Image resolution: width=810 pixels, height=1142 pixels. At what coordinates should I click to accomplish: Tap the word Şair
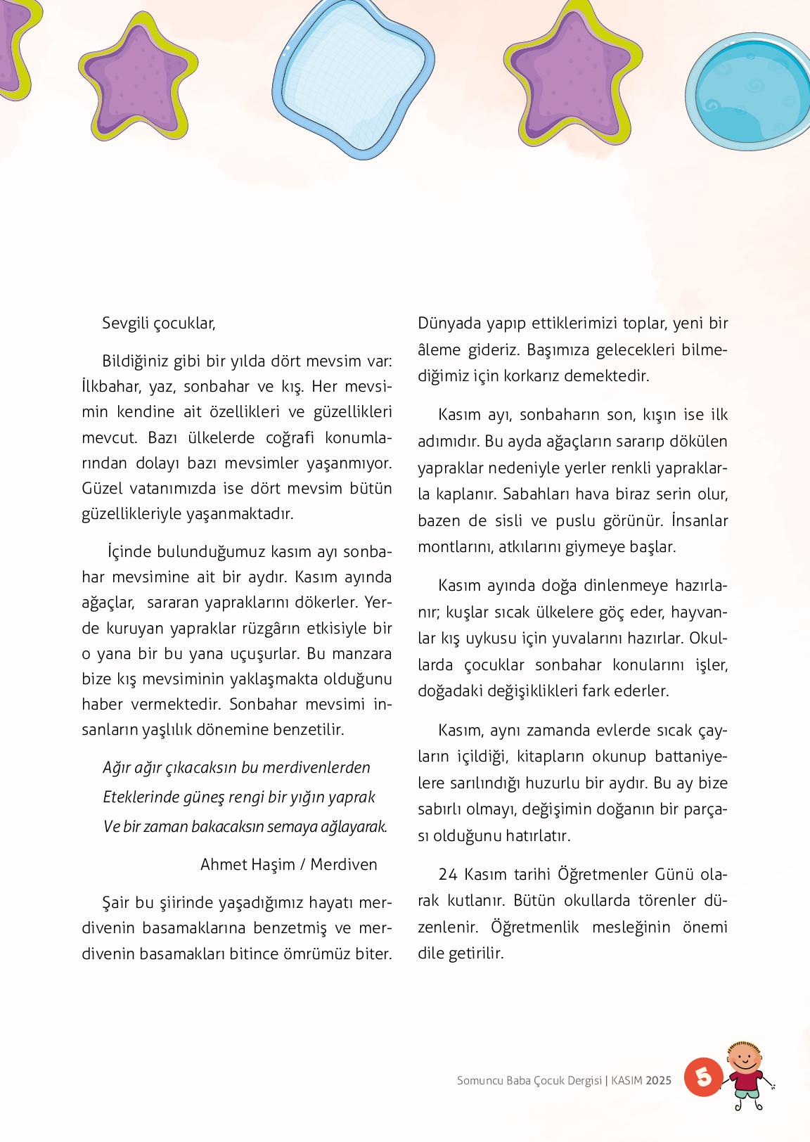(x=117, y=902)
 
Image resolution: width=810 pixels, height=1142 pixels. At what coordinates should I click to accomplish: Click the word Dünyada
(x=450, y=323)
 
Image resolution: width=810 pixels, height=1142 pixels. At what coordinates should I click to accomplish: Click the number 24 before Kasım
(x=447, y=874)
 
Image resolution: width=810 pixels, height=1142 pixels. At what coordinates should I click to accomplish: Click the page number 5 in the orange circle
(x=703, y=1076)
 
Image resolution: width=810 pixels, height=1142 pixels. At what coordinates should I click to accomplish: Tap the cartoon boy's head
(x=745, y=1054)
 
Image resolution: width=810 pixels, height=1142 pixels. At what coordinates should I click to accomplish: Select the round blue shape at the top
(x=747, y=91)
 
